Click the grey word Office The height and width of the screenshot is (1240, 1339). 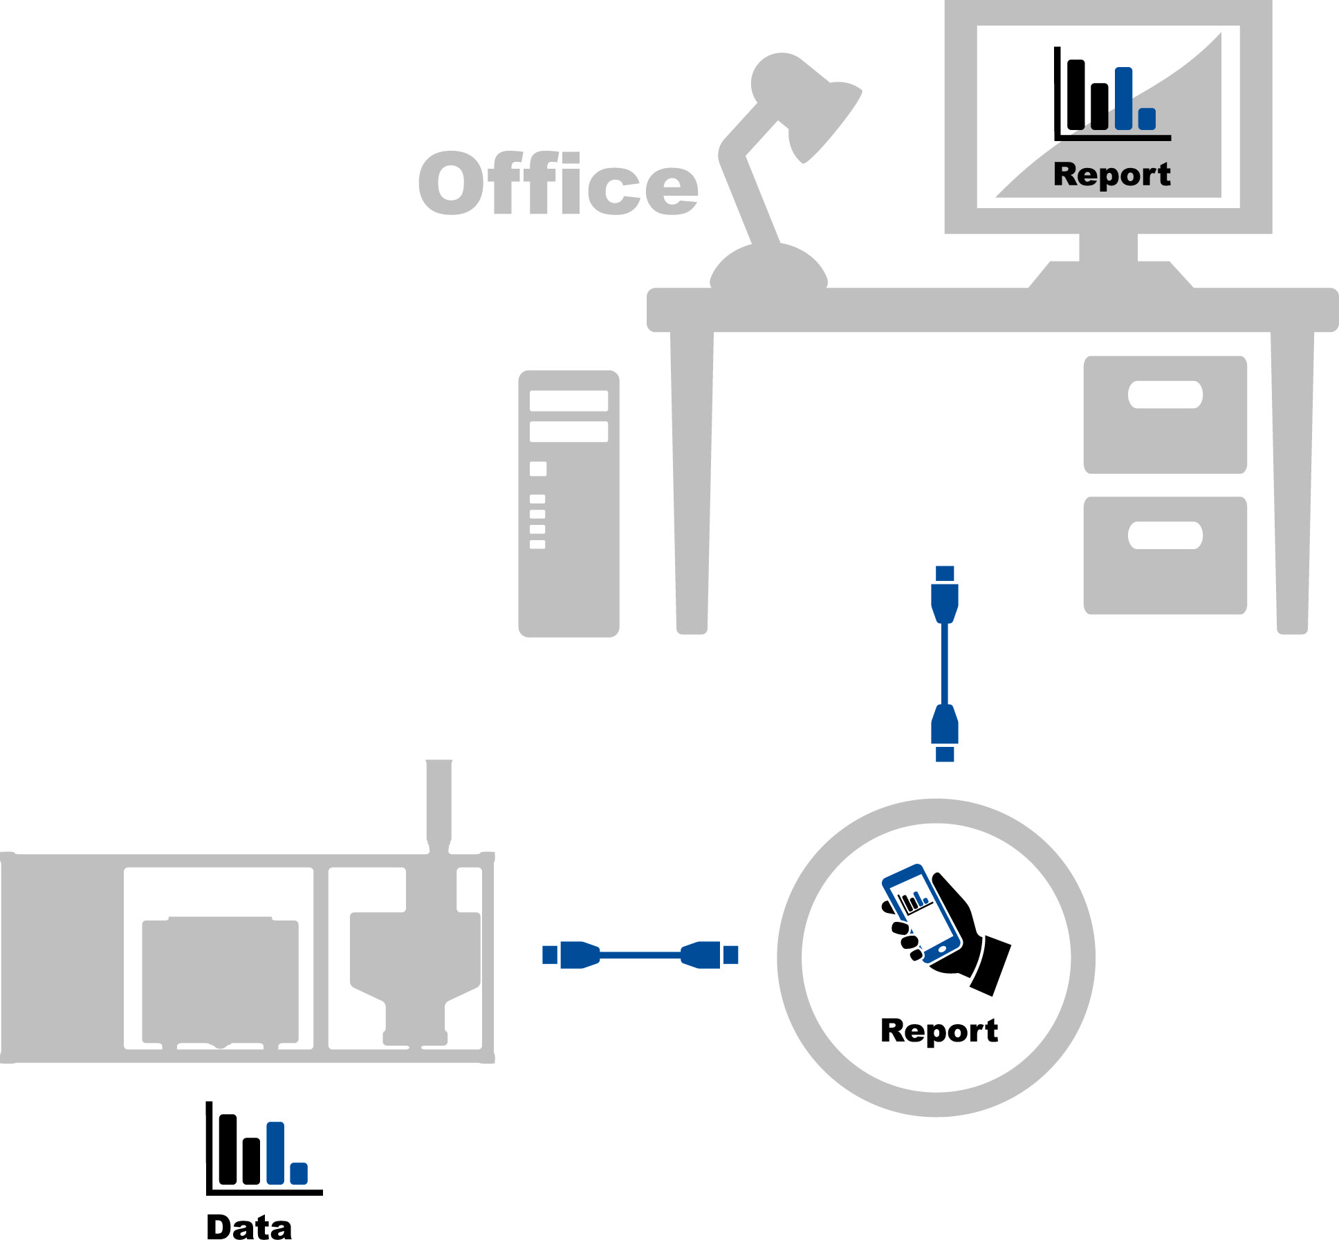[x=558, y=183]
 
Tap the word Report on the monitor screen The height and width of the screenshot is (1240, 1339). [x=1111, y=174]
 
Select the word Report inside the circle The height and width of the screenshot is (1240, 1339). [x=939, y=1030]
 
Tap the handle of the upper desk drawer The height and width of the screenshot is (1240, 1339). [x=1165, y=395]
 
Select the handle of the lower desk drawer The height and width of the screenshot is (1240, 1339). [x=1165, y=535]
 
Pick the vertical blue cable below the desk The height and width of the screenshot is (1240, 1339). [x=945, y=664]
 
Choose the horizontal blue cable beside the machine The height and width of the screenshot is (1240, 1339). [x=640, y=955]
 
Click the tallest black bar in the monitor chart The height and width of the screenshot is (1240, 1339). [x=1075, y=95]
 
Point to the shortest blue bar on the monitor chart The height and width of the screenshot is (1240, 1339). [x=1147, y=119]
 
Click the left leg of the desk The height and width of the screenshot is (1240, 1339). [x=692, y=484]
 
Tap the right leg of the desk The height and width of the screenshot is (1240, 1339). [x=1292, y=484]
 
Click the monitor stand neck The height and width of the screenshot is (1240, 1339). [x=1108, y=248]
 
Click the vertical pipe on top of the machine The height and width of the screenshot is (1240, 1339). [x=438, y=802]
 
